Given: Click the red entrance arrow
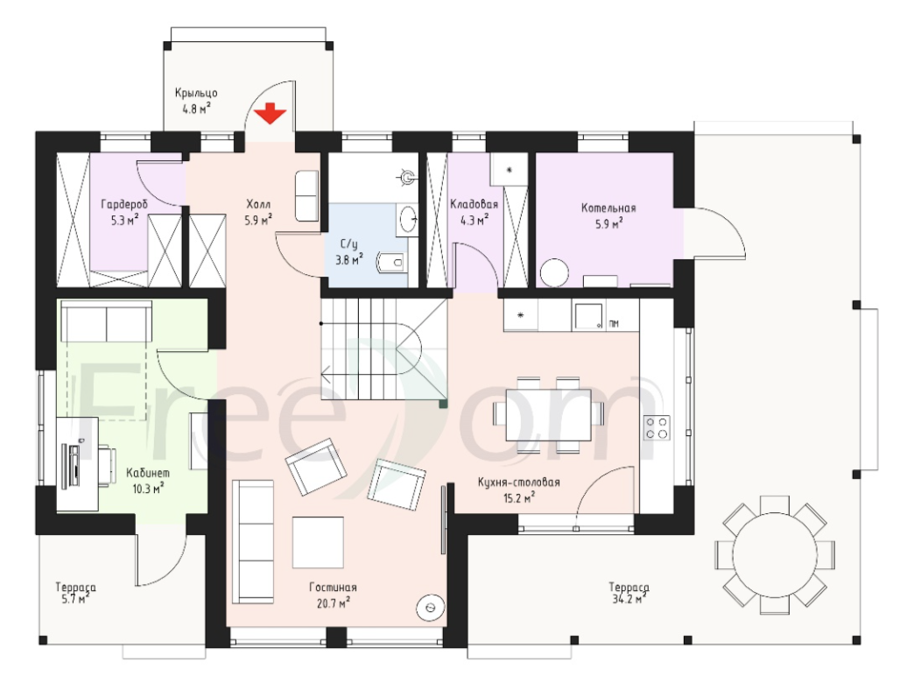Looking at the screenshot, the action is (271, 113).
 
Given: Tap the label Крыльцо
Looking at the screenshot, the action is (196, 93).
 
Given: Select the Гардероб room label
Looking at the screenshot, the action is (124, 205).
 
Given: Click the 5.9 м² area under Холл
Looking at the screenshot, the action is (258, 220).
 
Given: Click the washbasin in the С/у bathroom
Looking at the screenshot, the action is (408, 218).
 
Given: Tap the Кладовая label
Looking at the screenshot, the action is (474, 204).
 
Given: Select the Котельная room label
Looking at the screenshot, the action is (608, 208).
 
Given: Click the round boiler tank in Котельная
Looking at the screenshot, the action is (555, 271).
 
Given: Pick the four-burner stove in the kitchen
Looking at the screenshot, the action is (657, 428).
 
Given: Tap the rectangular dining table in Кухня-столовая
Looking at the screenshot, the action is (548, 415).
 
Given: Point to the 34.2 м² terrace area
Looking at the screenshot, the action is (629, 600).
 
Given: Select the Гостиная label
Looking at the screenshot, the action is (333, 587).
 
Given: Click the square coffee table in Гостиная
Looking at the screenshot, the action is (318, 543).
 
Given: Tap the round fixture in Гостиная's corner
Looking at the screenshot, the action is (431, 607).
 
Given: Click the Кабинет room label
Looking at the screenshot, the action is (148, 473).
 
